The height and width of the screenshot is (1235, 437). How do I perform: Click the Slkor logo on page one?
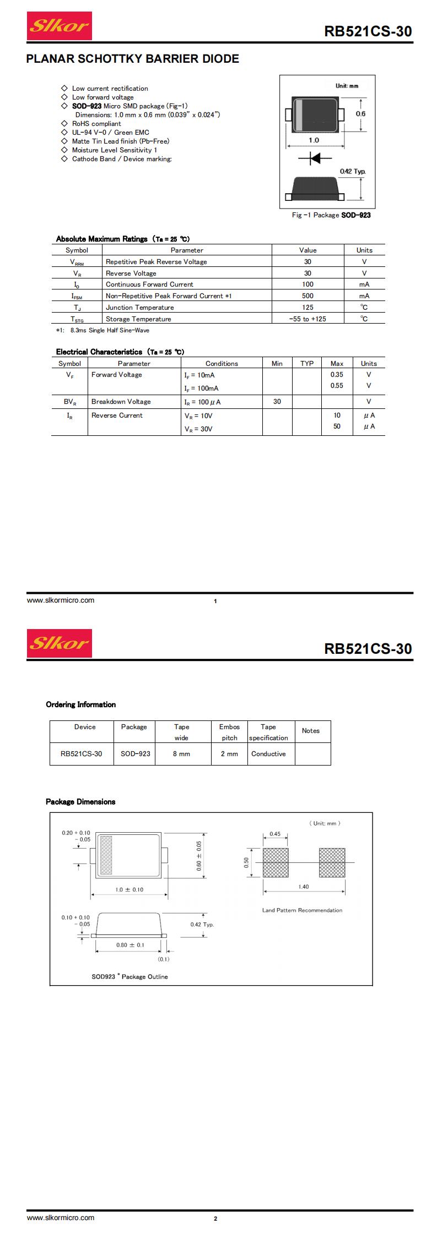pos(60,26)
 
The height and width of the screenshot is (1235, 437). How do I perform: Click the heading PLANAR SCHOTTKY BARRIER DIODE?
pos(133,59)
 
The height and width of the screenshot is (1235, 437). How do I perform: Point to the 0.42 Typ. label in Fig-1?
pos(352,172)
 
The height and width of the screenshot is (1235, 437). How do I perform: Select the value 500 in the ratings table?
pos(307,296)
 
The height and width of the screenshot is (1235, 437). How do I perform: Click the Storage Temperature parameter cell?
pos(138,319)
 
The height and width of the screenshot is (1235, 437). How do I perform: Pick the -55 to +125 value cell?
pos(307,319)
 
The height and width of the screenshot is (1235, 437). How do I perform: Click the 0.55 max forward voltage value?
pos(337,386)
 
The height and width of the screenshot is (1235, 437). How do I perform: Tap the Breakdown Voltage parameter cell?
pos(121,402)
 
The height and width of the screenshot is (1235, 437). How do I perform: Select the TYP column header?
pos(307,364)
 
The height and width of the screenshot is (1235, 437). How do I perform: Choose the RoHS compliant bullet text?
pos(96,124)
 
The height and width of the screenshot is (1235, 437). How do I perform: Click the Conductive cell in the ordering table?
pos(268,754)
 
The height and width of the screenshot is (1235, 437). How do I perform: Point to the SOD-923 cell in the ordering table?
pos(135,754)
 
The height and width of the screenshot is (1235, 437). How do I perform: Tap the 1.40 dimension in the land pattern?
pos(303,887)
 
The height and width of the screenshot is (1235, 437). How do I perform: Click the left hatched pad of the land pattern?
pos(276,862)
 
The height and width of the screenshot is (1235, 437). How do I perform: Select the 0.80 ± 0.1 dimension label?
pos(130,945)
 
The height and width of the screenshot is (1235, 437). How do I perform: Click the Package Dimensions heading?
pos(80,802)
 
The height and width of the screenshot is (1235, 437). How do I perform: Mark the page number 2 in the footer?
pos(215,1219)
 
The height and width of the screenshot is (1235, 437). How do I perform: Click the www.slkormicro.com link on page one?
pos(61,600)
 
